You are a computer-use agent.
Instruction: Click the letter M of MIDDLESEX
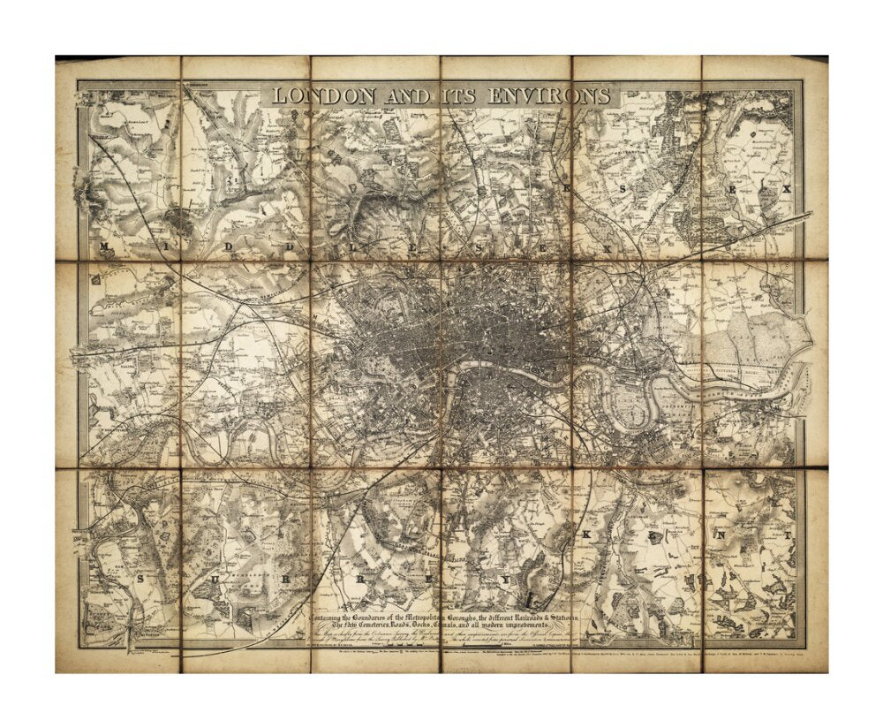point(104,246)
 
